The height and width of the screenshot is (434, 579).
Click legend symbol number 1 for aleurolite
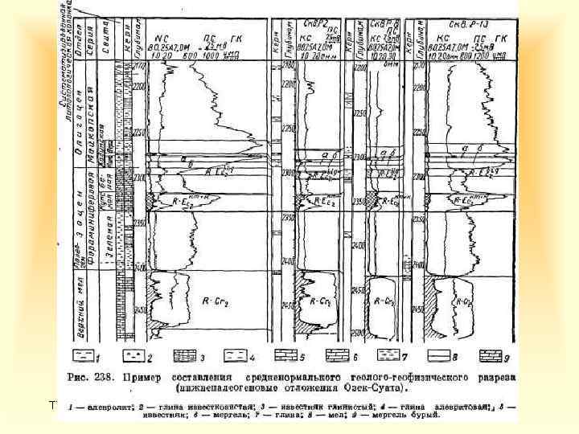pos(80,354)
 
